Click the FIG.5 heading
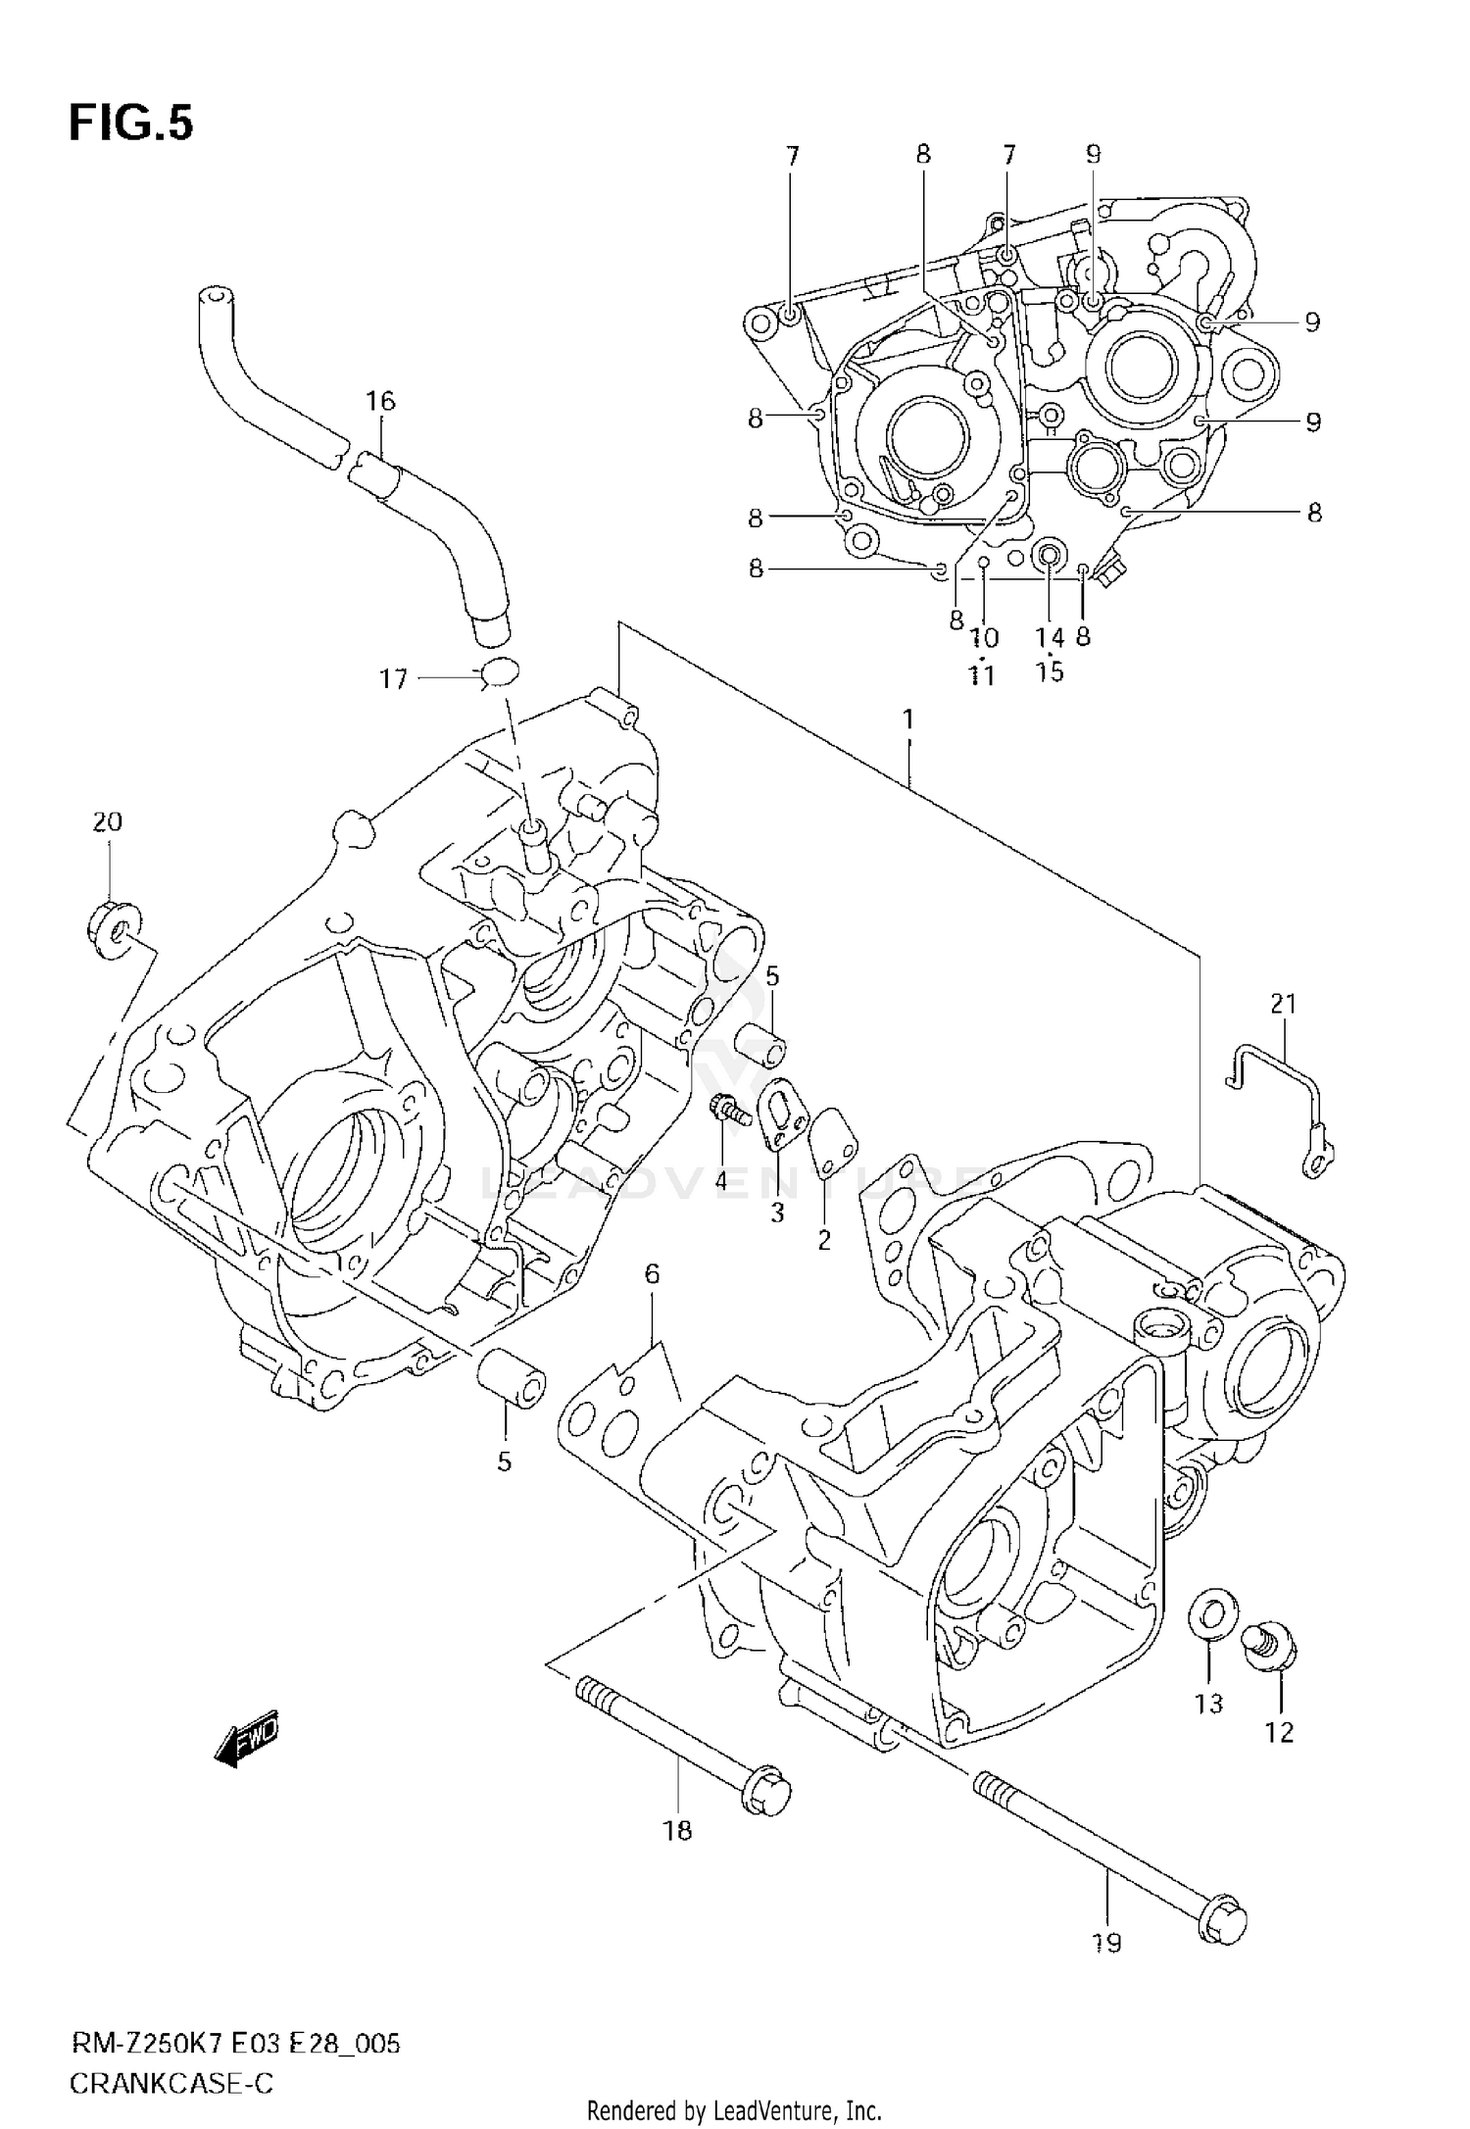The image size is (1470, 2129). [131, 124]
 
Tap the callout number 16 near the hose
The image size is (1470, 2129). [380, 400]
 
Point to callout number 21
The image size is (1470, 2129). [1284, 1003]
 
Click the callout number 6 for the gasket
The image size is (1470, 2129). [652, 1273]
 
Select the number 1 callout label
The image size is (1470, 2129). [908, 719]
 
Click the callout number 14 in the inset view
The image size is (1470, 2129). [1049, 637]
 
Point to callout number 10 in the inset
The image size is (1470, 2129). [984, 638]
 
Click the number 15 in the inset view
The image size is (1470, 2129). [1049, 672]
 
